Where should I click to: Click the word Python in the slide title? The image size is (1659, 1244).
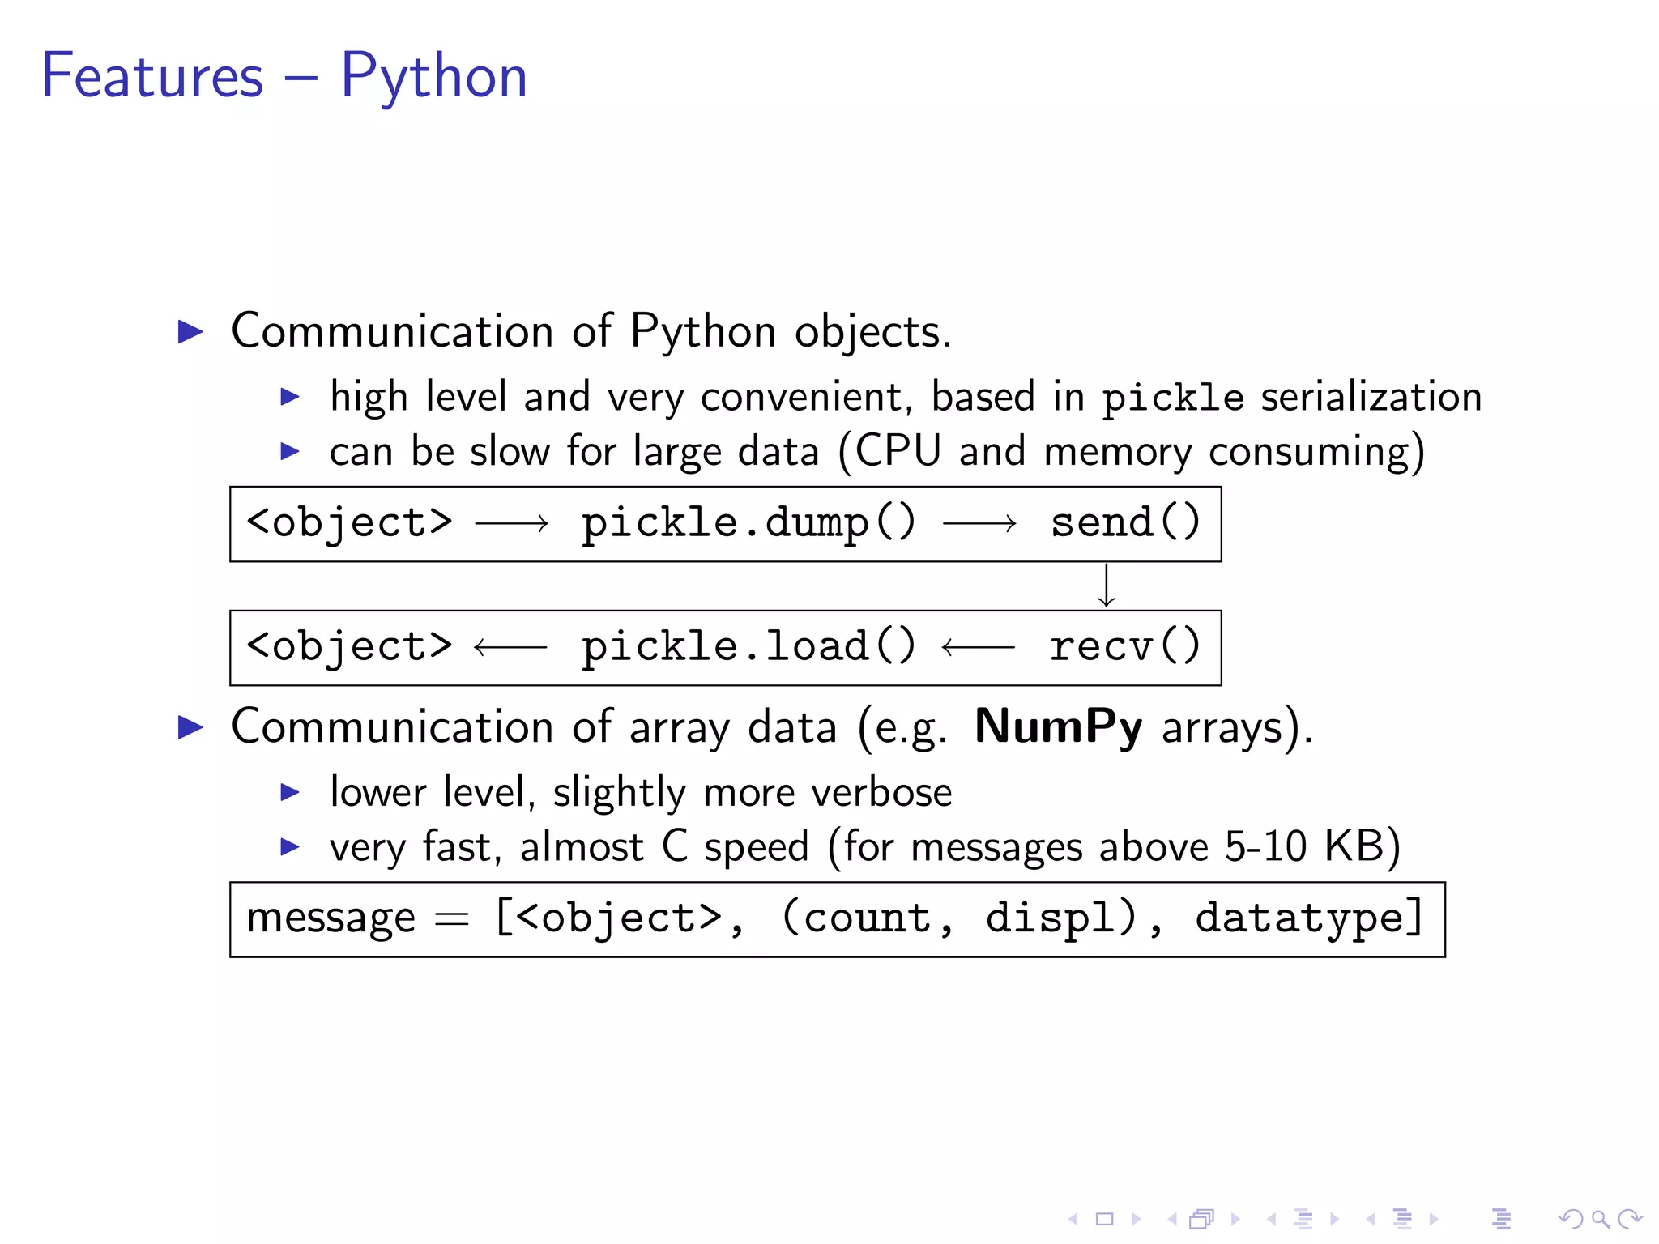(433, 77)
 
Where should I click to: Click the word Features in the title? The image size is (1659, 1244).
(152, 77)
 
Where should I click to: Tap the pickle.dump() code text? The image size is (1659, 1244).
(748, 524)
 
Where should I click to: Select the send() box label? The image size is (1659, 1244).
(1125, 522)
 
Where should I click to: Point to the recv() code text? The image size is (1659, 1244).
(1125, 647)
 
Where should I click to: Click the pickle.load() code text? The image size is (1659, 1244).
(748, 647)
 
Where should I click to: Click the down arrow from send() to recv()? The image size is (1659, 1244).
(1107, 586)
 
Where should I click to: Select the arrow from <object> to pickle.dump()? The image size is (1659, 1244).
(512, 524)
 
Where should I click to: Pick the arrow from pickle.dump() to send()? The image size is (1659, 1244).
(979, 524)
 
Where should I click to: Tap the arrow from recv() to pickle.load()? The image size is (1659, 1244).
(978, 647)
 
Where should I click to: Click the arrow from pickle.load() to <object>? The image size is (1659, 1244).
(510, 647)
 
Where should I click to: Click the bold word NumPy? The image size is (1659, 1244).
(1058, 726)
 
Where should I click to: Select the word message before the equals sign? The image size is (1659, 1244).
(331, 919)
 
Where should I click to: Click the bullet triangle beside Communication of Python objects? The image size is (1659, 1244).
(190, 331)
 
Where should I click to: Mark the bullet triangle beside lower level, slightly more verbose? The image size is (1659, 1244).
(290, 792)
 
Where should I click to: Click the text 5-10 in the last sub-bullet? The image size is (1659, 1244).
(1265, 847)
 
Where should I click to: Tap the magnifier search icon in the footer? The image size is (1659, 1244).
(1600, 1218)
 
